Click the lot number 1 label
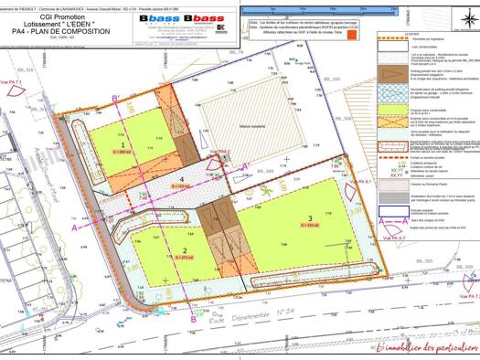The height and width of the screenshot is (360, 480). [x=123, y=144]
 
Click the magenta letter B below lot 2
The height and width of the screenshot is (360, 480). [x=195, y=319]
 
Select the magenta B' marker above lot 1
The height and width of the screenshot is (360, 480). [x=114, y=99]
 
